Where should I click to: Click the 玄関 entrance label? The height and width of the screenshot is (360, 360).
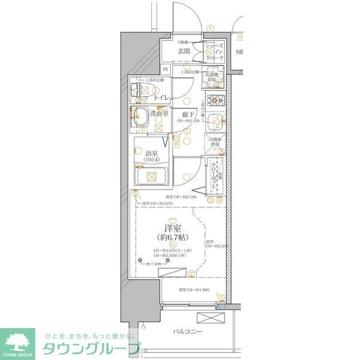[x=184, y=52]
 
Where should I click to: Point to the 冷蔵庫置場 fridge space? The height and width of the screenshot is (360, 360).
[x=214, y=144]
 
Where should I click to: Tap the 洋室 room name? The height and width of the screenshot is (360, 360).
[x=173, y=229]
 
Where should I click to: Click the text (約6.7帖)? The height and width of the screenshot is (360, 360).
[x=173, y=238]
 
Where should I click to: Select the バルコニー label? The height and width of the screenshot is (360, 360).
[x=188, y=332]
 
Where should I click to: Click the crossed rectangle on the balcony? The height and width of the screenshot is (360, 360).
[x=212, y=319]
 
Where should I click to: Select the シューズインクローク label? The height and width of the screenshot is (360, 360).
[x=214, y=52]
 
